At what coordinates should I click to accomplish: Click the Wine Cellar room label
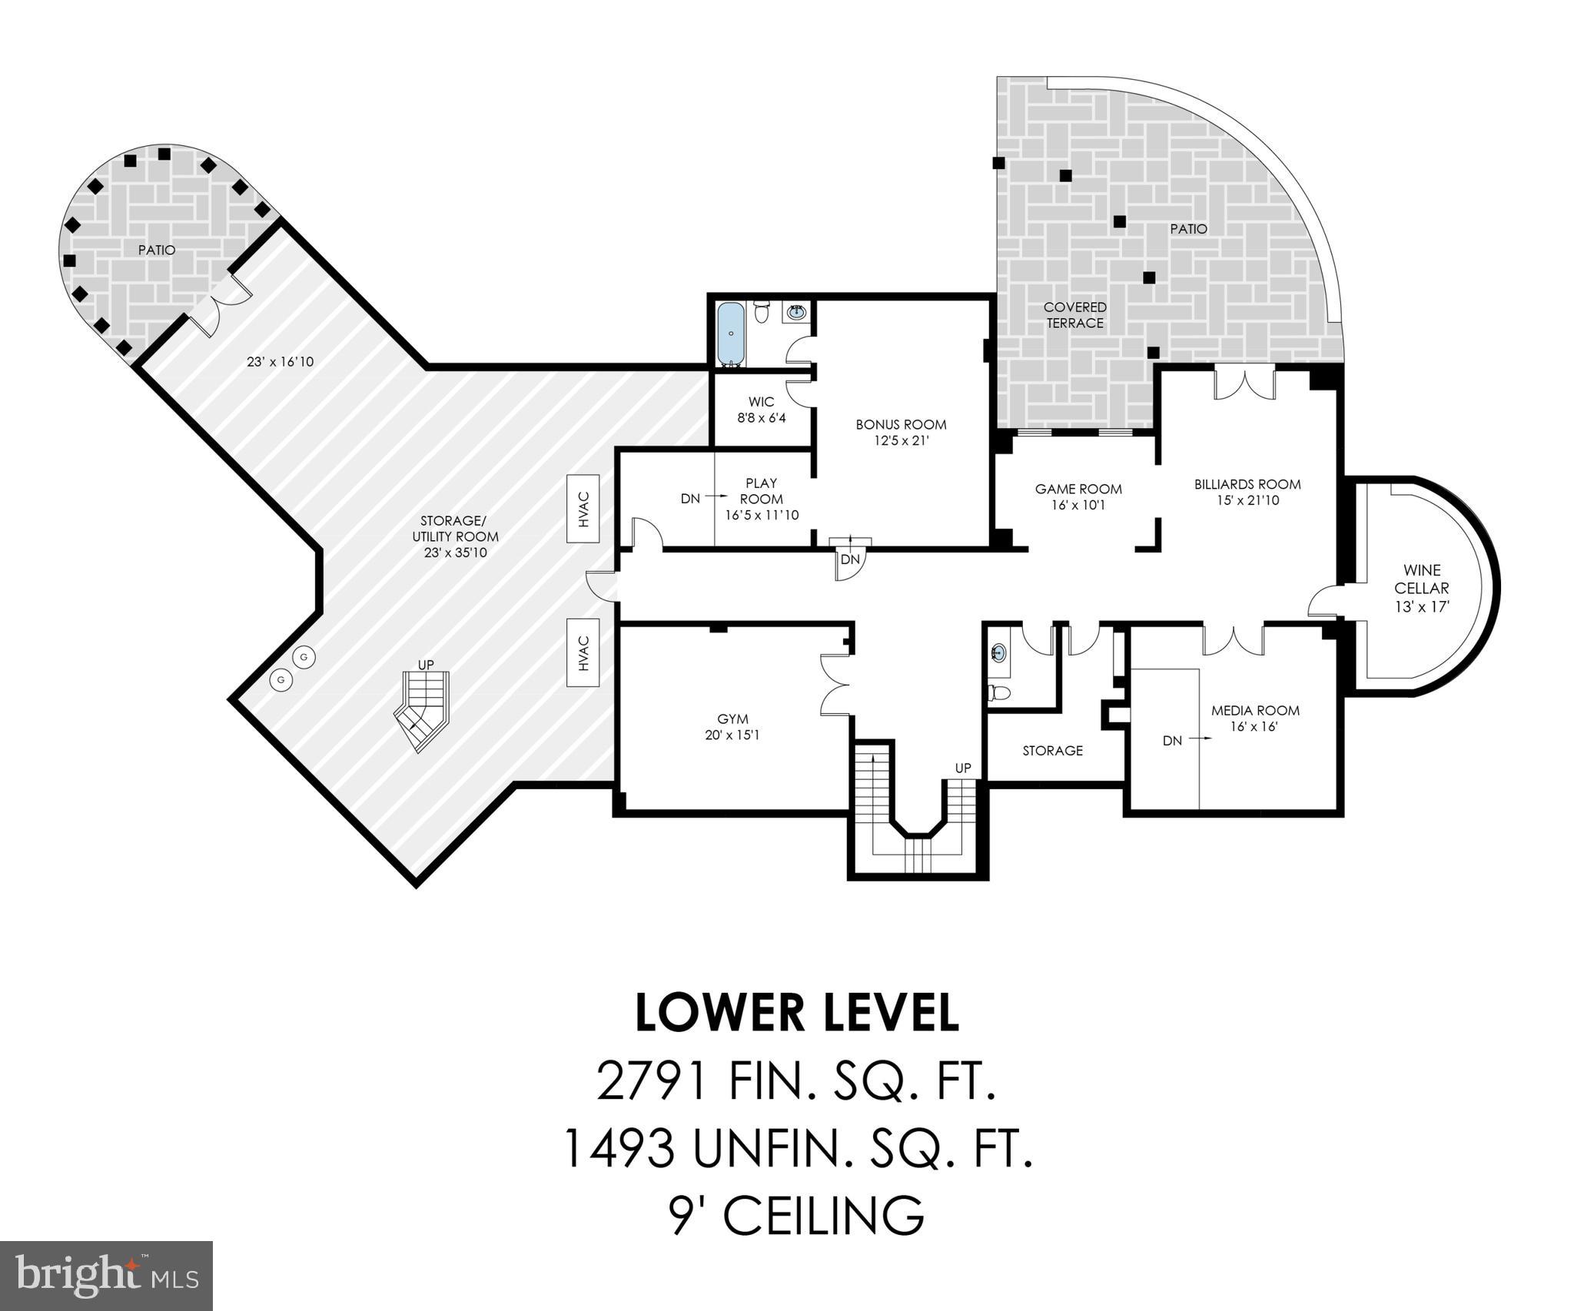click(1422, 579)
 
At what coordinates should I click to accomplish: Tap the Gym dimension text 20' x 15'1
click(732, 735)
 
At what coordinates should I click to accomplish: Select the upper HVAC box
click(583, 509)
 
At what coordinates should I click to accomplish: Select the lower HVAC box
click(583, 652)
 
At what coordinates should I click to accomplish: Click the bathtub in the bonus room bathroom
click(729, 334)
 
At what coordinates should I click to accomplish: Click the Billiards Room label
click(1247, 484)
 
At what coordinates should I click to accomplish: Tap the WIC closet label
click(761, 402)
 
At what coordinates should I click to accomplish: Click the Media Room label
click(1255, 711)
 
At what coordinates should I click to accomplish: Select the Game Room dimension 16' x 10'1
click(1078, 505)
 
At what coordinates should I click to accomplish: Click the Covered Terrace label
click(1075, 315)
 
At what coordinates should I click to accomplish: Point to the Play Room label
click(761, 490)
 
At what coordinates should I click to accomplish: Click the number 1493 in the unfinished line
click(619, 1148)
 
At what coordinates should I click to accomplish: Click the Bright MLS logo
click(106, 1275)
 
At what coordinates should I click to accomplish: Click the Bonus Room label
click(901, 424)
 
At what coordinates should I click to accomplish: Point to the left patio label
click(157, 250)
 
